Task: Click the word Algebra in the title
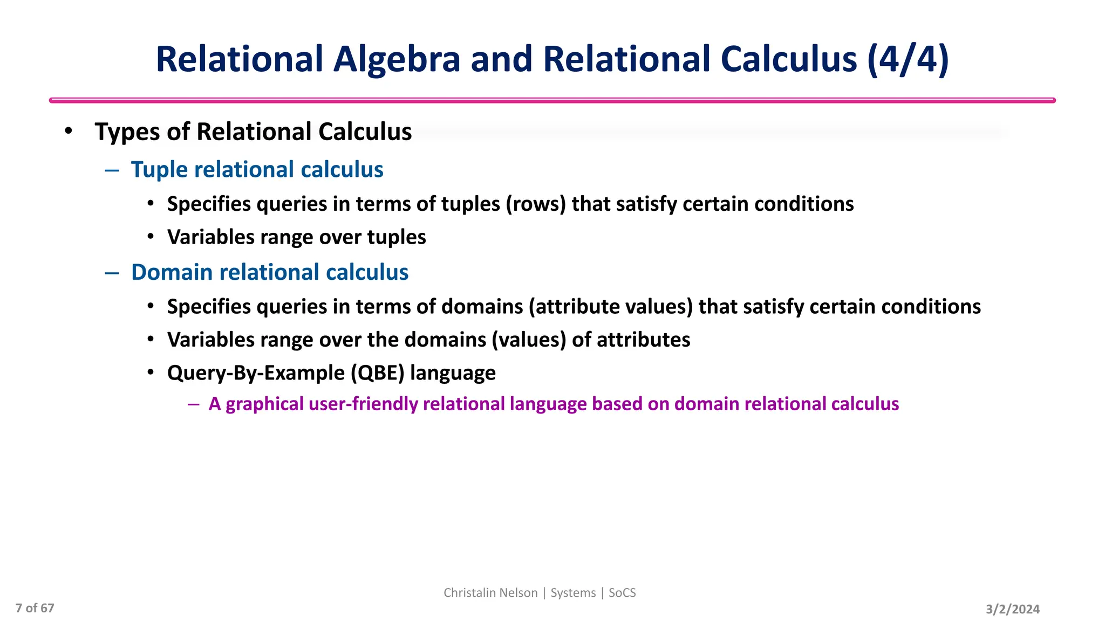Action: coord(397,59)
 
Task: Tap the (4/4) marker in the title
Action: coord(908,59)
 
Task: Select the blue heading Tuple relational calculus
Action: coord(257,170)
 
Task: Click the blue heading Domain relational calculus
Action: coord(269,272)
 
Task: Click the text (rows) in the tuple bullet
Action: coord(535,204)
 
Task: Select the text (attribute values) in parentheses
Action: coord(610,307)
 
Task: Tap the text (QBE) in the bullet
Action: coord(377,373)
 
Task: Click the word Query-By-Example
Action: coord(256,373)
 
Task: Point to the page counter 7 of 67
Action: coord(35,608)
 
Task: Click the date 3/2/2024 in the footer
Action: coord(1012,609)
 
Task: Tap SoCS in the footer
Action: coord(622,593)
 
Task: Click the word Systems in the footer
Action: coord(572,593)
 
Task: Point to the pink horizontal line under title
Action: coord(552,100)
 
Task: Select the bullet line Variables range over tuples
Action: coord(296,238)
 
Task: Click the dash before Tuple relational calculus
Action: coord(112,170)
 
